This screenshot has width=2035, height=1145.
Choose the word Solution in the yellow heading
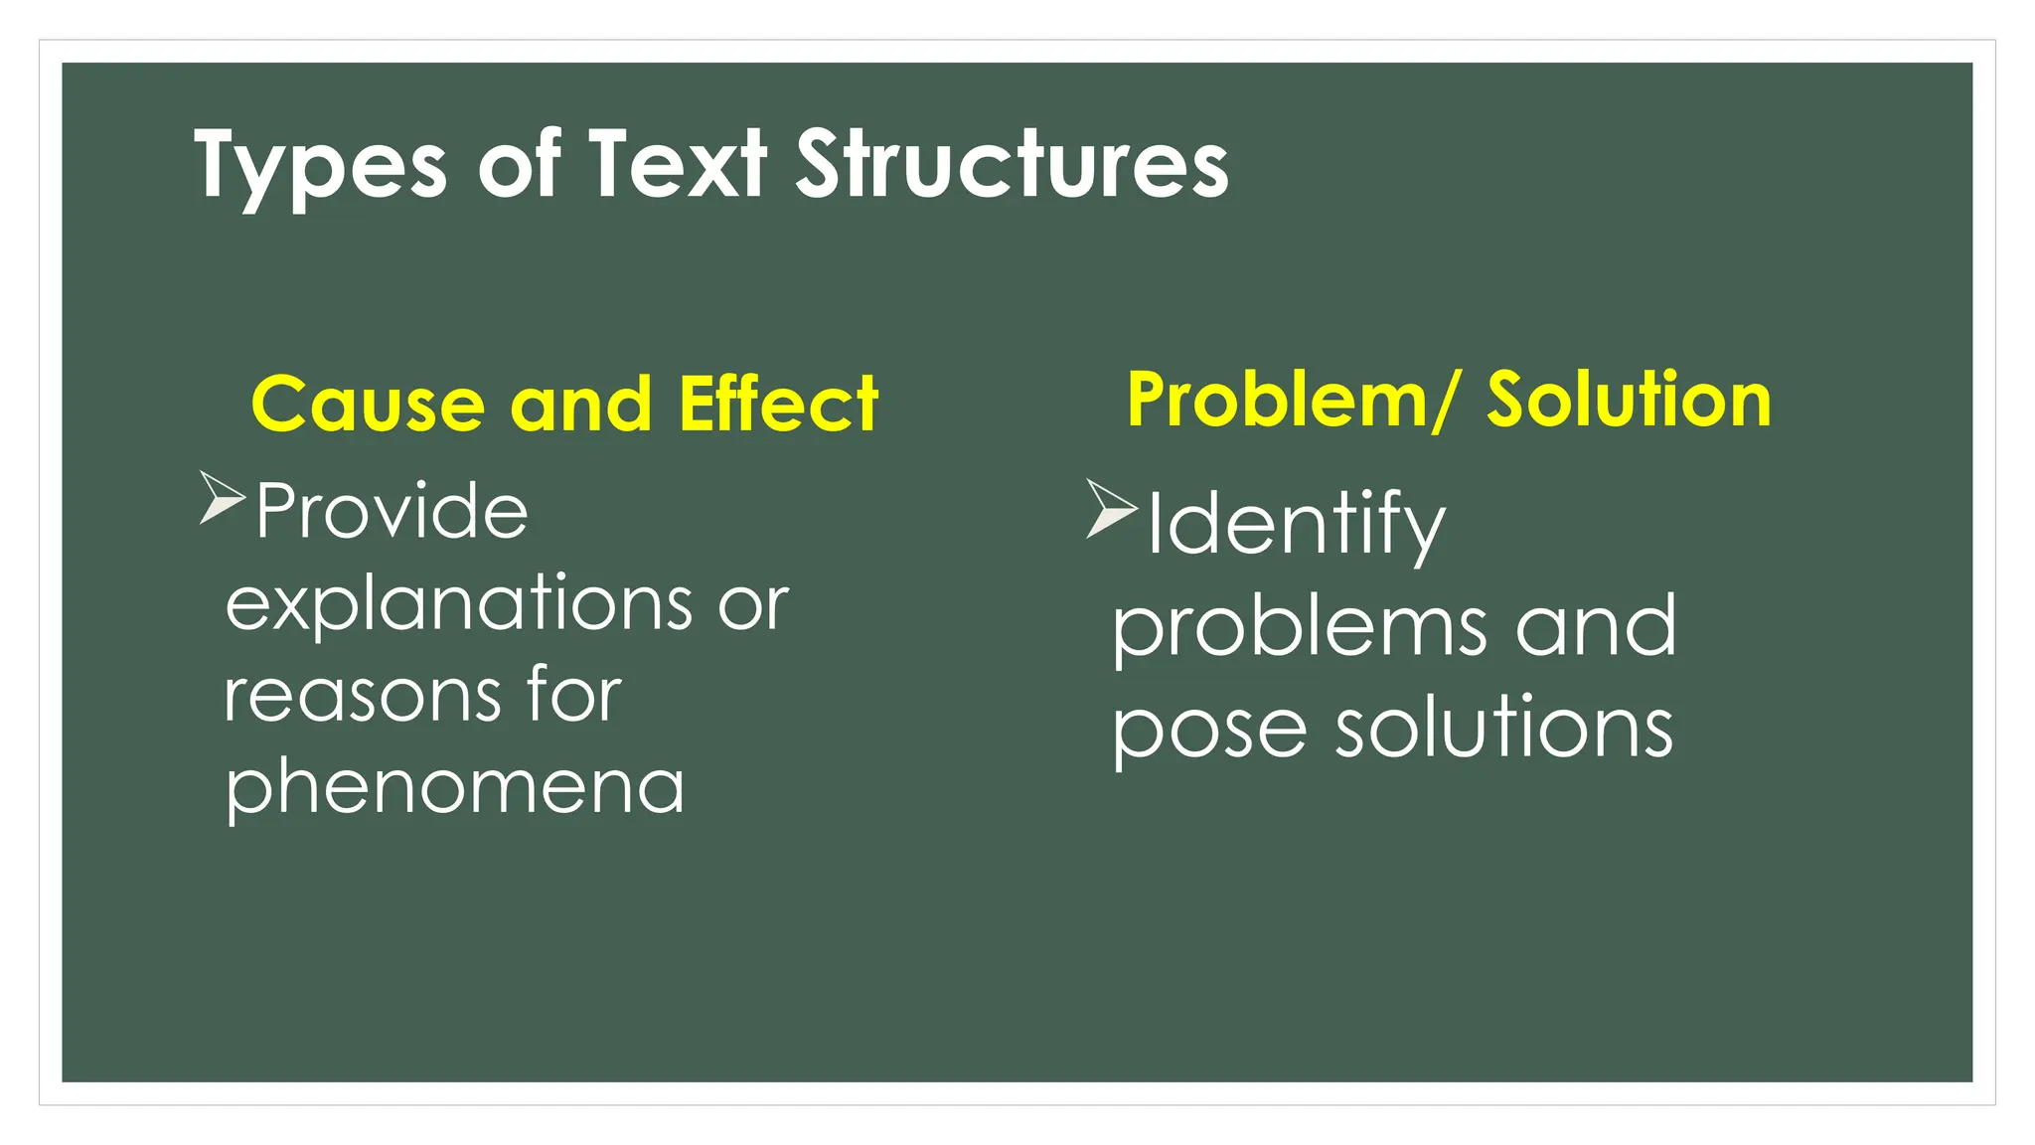[x=1629, y=400]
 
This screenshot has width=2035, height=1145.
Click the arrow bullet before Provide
[x=221, y=498]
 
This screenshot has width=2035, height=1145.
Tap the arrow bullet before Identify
[x=1110, y=508]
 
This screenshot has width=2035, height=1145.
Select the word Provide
[x=391, y=511]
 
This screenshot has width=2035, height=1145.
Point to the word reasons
[x=362, y=695]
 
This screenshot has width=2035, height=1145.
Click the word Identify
[x=1296, y=525]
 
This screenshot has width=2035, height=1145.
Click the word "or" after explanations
[x=753, y=604]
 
